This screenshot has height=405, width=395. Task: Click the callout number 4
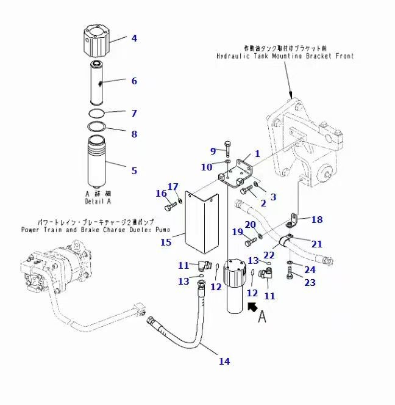tap(134, 38)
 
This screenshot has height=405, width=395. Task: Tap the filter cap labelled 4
tap(96, 39)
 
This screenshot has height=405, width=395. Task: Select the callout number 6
tap(134, 81)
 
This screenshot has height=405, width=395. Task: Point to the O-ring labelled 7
tap(96, 113)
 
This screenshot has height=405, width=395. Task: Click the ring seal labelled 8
tap(96, 127)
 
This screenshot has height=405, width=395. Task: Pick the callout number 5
tap(134, 170)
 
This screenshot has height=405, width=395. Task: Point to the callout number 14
tap(224, 361)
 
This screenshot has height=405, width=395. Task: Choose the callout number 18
tap(317, 219)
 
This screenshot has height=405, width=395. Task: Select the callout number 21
tap(317, 243)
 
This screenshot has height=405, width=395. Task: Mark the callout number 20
tap(250, 224)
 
